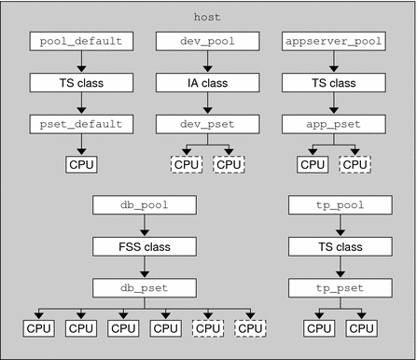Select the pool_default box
point(81,41)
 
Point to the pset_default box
point(81,123)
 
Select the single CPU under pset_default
point(81,164)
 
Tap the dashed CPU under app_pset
point(353,164)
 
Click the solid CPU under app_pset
point(311,164)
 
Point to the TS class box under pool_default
point(81,82)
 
